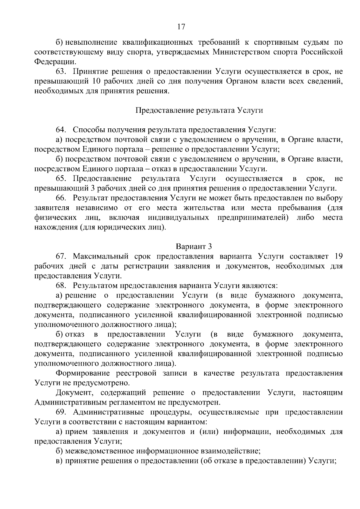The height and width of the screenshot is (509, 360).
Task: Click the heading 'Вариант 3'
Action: [x=194, y=247]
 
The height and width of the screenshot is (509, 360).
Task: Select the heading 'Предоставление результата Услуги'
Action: [x=199, y=110]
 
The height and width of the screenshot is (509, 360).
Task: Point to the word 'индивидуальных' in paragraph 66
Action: [x=178, y=217]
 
